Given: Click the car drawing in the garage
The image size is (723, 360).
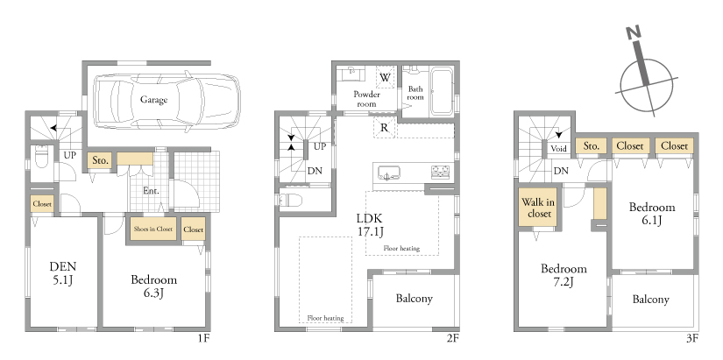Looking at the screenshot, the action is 167,101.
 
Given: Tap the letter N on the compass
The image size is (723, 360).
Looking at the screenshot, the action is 634,33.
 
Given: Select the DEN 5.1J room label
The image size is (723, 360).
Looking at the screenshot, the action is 63,272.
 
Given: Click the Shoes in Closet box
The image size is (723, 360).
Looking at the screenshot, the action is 153,229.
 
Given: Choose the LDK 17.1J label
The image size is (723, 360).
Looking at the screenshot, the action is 370,224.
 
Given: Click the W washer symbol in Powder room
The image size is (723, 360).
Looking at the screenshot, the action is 385,77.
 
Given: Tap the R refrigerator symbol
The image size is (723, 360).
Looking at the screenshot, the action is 384,128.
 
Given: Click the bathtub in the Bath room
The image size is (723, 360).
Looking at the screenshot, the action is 442,91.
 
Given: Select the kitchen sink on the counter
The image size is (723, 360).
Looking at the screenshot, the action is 389,173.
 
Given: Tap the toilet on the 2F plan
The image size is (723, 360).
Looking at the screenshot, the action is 290,201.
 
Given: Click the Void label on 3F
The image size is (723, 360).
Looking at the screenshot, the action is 559,149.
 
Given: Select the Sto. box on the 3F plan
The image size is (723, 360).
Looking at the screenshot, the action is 592,146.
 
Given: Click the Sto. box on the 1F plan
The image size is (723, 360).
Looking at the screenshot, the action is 100,161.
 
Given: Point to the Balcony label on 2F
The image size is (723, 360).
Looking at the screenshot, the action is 414,299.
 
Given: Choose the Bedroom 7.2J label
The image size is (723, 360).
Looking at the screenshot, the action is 564,275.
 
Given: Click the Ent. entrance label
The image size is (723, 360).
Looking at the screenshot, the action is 151,190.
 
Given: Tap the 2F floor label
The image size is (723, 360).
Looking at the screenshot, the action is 452,338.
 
